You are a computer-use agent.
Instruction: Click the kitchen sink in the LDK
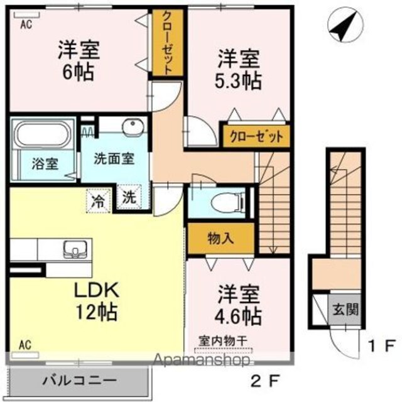point(75,249)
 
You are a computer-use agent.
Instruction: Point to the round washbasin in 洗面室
point(133,126)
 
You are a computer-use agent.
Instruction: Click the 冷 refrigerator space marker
point(99,201)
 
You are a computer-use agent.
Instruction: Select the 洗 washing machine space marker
point(129,197)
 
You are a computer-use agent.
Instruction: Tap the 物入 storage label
point(220,239)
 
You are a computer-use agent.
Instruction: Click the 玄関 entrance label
point(345,310)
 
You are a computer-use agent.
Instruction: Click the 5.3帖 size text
point(238,81)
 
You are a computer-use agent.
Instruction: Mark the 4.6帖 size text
point(238,317)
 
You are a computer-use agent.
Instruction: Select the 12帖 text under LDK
point(96,312)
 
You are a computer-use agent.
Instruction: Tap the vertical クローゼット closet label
point(168,43)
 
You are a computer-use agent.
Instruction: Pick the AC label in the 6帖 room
point(26,24)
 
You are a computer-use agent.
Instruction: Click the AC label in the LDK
point(25,345)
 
